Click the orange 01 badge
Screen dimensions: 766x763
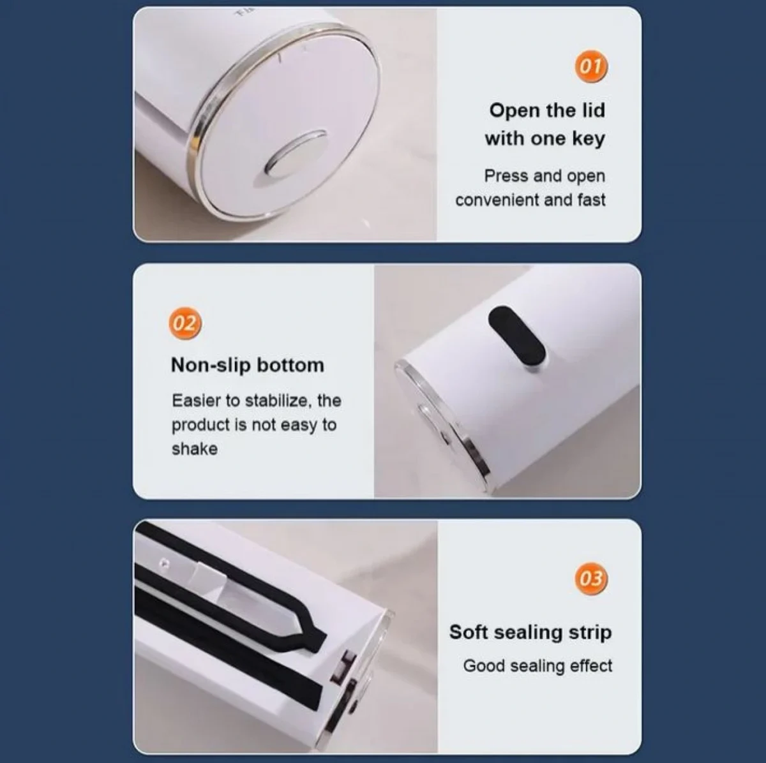pos(590,66)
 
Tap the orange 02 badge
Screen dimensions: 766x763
pos(185,323)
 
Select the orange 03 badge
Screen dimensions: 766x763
pos(590,579)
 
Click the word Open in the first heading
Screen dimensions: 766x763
pos(514,111)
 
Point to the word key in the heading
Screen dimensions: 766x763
pos(589,138)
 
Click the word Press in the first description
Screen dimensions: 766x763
pos(506,175)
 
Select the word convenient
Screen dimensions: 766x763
pos(497,200)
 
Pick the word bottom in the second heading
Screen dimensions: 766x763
pos(290,365)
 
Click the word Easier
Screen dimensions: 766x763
pos(197,401)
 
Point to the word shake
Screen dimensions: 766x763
pos(195,449)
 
